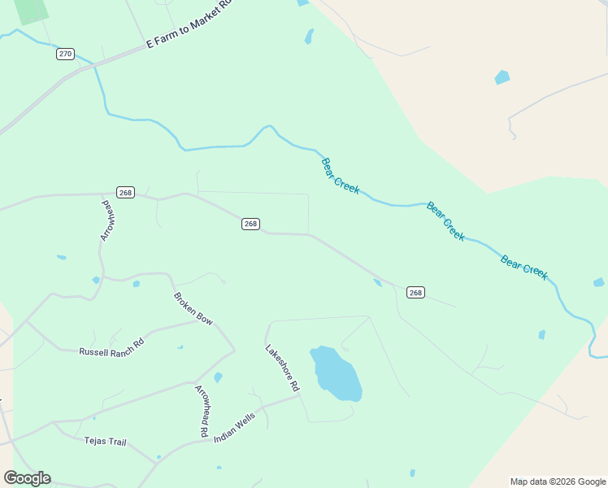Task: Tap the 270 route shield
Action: coord(66,54)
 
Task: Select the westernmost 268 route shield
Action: coord(124,193)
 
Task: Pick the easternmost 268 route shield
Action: coord(415,293)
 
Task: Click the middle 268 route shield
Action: coord(250,224)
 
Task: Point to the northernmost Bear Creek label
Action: coord(341,176)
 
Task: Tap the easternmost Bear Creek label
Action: coord(524,267)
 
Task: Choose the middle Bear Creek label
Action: coord(445,221)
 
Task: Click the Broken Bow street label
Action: coord(193,309)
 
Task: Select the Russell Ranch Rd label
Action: coord(111,347)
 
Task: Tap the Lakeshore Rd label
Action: coord(282,367)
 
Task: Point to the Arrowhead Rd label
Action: coord(202,409)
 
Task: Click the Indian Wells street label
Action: coord(235,427)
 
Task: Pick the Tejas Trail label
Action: coord(106,442)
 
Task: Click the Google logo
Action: coord(27,478)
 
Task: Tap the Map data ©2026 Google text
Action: coord(558,481)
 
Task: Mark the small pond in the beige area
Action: coord(502,78)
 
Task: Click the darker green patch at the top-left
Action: coord(31,11)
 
